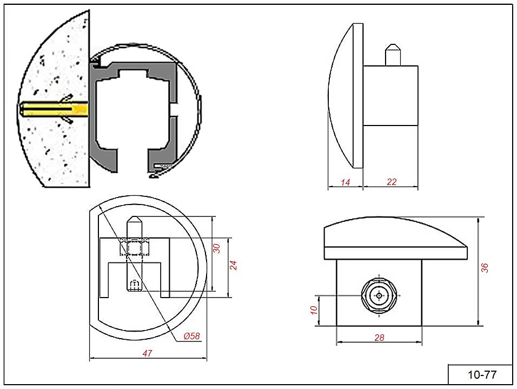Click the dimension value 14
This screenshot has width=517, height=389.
(346, 183)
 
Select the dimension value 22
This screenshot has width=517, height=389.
(392, 182)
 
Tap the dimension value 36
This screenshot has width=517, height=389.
(485, 267)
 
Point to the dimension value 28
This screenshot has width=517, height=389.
(379, 338)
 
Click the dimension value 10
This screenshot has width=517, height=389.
(313, 310)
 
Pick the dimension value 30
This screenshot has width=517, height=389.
(217, 248)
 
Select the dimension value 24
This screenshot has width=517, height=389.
(234, 265)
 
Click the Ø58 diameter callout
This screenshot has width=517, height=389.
(191, 336)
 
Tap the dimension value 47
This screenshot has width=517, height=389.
(147, 353)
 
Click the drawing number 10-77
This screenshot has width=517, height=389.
(481, 374)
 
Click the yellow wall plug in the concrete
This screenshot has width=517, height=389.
(54, 110)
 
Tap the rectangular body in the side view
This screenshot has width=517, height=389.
(390, 95)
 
